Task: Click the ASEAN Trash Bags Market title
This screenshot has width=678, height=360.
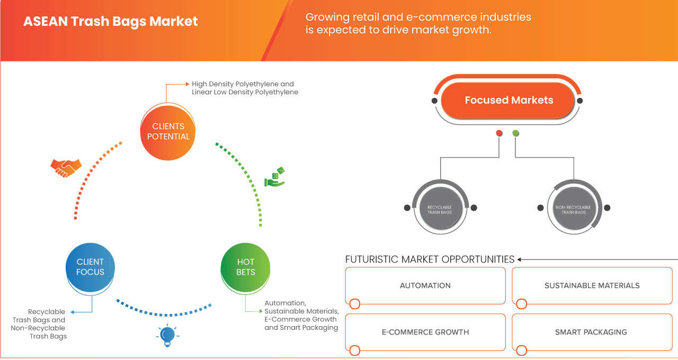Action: (111, 22)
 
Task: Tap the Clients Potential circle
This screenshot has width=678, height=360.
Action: (168, 131)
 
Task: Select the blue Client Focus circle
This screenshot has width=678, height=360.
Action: (90, 267)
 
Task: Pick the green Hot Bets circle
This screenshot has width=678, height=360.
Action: (246, 267)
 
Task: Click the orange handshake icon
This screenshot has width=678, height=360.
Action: (66, 167)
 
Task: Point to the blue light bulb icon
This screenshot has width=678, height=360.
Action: (167, 335)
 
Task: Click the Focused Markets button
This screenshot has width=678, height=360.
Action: (508, 100)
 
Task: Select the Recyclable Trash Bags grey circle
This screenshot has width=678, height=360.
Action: (440, 209)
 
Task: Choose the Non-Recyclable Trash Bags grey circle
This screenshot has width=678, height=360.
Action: (574, 209)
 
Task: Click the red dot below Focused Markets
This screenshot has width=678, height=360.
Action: (499, 133)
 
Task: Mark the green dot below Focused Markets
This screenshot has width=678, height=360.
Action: (516, 133)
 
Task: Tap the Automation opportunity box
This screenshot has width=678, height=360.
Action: (425, 286)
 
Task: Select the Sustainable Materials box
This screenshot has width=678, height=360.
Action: (592, 286)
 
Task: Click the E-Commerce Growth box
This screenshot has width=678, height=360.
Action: (425, 332)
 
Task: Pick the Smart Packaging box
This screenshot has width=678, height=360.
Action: (591, 332)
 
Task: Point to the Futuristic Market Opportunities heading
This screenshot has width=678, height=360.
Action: (430, 259)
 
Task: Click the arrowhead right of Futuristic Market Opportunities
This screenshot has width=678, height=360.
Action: (520, 259)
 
